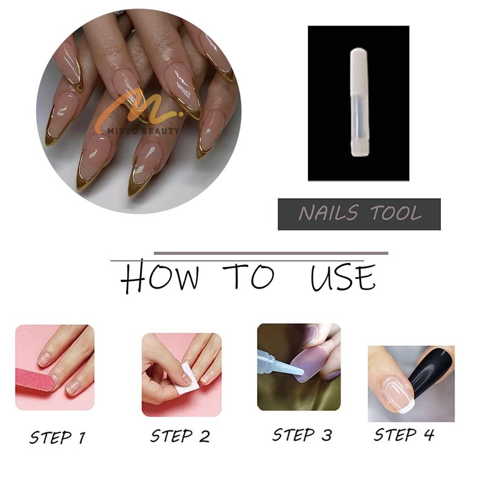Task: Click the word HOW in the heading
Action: (159, 276)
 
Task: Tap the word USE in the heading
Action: (343, 277)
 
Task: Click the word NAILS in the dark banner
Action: (328, 213)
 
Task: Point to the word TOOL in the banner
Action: (396, 213)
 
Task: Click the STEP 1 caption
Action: (57, 437)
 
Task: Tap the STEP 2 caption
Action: (180, 436)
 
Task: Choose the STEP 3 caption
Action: (302, 435)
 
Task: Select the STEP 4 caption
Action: (404, 435)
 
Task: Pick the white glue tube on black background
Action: (359, 102)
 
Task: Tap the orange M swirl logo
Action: (139, 108)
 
